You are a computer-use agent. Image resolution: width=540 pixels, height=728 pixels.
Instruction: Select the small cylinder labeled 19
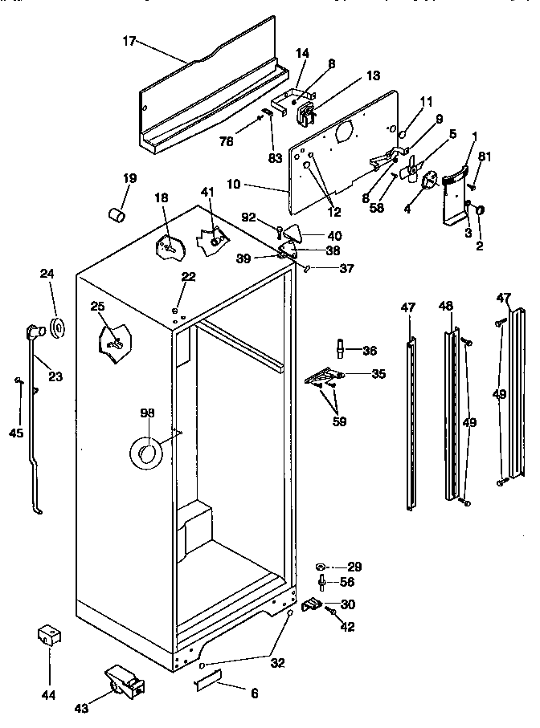point(117,215)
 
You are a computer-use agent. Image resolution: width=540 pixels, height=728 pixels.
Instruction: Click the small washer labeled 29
point(321,567)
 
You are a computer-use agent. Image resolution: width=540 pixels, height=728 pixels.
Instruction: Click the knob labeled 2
point(480,210)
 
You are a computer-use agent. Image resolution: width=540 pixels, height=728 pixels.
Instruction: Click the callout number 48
point(446,306)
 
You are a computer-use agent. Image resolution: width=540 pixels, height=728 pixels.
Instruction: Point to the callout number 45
point(16,433)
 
